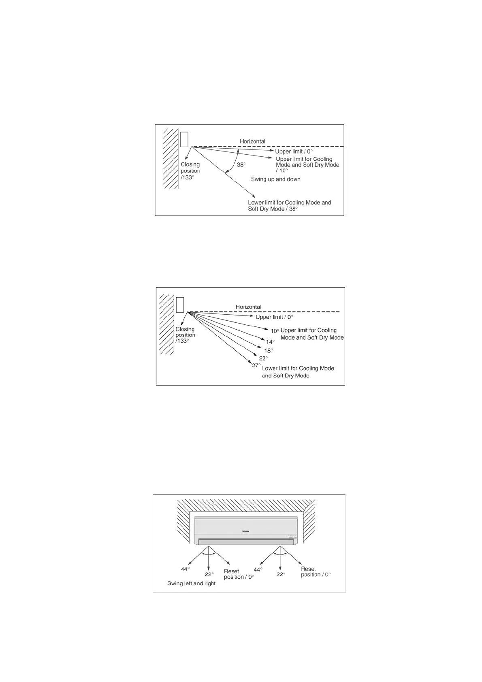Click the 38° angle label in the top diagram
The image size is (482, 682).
click(x=241, y=165)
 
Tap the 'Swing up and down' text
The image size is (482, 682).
click(x=275, y=179)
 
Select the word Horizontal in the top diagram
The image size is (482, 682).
click(x=252, y=141)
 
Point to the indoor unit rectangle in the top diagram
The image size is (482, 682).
click(x=184, y=139)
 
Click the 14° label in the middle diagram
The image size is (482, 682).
click(x=270, y=342)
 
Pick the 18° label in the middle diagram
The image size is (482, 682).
click(x=269, y=350)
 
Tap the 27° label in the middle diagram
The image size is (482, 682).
click(x=256, y=365)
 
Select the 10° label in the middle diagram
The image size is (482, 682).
click(x=275, y=331)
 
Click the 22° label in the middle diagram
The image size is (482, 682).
click(x=263, y=358)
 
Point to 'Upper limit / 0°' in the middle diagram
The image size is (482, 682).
click(x=274, y=317)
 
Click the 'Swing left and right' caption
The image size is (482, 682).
click(x=191, y=584)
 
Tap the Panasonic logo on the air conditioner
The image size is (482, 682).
click(x=245, y=531)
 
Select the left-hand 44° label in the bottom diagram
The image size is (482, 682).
click(x=186, y=569)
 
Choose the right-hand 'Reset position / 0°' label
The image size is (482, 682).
click(x=316, y=572)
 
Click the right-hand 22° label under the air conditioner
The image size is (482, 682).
click(x=281, y=574)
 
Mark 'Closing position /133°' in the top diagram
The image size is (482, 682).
click(x=190, y=171)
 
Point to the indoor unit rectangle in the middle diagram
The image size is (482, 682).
click(x=180, y=305)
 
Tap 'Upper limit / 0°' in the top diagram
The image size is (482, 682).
click(x=294, y=151)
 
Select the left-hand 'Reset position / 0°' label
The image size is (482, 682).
click(x=239, y=574)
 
